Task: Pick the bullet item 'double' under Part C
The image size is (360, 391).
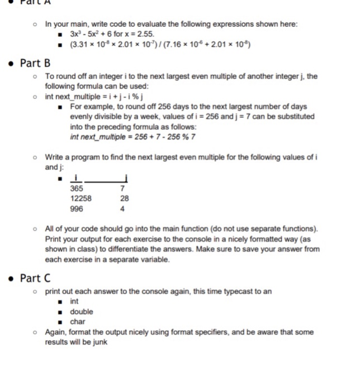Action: tap(82, 312)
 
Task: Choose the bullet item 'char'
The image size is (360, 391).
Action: tap(77, 321)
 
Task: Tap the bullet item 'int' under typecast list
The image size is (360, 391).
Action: tap(74, 302)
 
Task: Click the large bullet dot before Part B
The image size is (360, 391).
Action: tap(12, 63)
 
